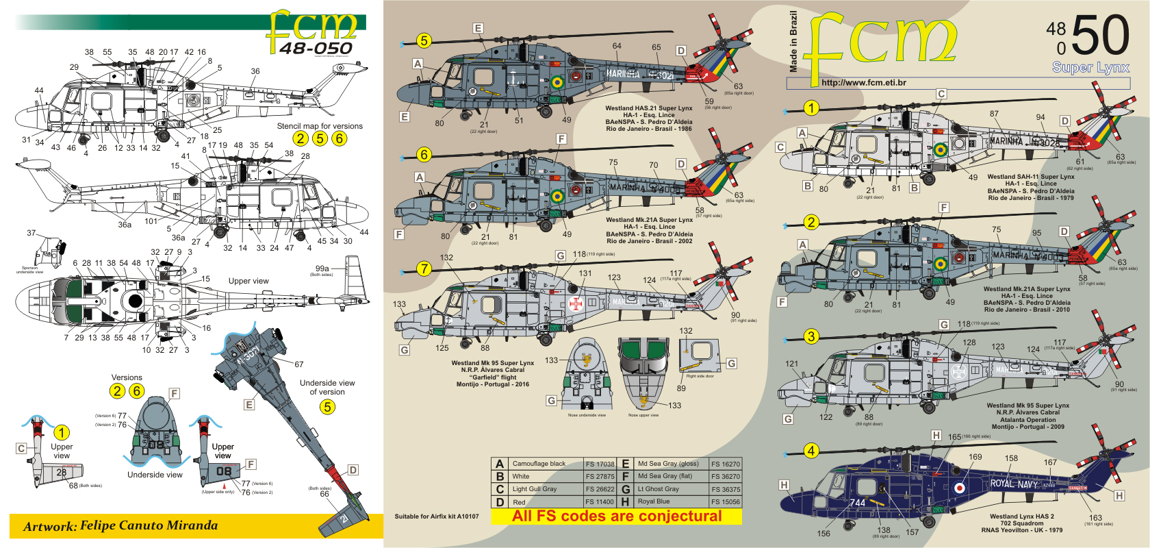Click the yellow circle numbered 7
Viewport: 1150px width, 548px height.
click(x=424, y=269)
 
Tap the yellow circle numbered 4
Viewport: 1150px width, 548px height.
click(x=811, y=451)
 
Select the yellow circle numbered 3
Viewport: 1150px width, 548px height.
click(x=811, y=336)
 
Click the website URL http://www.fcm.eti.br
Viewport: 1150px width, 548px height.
click(x=864, y=83)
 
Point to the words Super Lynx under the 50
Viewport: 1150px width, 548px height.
click(x=1090, y=68)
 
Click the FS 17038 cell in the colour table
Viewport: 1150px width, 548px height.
click(x=600, y=464)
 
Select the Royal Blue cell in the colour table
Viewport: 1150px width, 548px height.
click(x=654, y=501)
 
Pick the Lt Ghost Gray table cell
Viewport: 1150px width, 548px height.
click(x=658, y=489)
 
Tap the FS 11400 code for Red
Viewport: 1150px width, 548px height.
click(x=600, y=502)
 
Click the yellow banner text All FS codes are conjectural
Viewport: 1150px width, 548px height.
click(x=617, y=516)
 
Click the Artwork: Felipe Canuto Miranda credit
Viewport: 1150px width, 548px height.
click(x=120, y=526)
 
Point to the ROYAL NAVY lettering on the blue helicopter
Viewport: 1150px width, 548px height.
click(x=1014, y=484)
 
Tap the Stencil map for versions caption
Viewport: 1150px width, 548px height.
click(x=320, y=126)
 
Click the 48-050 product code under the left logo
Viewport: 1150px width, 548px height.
click(x=316, y=49)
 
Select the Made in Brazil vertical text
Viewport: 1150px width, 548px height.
click(x=793, y=42)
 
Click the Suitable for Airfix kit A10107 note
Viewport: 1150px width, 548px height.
click(x=437, y=516)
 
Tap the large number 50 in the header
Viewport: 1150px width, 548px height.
click(x=1100, y=36)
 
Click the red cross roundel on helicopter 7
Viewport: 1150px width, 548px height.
click(x=576, y=303)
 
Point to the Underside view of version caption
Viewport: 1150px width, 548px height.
click(x=327, y=387)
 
